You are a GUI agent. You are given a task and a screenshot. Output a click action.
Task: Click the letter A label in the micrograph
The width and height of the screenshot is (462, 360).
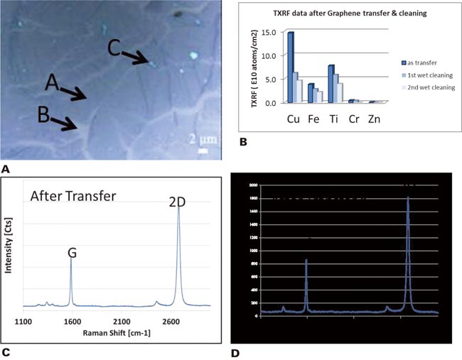(50, 84)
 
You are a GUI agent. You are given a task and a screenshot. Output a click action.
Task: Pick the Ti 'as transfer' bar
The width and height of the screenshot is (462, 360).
(331, 84)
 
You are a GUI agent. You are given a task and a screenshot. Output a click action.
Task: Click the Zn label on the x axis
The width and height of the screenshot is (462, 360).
(374, 119)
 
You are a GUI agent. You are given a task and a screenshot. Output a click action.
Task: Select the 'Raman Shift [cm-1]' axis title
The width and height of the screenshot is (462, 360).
(118, 333)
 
